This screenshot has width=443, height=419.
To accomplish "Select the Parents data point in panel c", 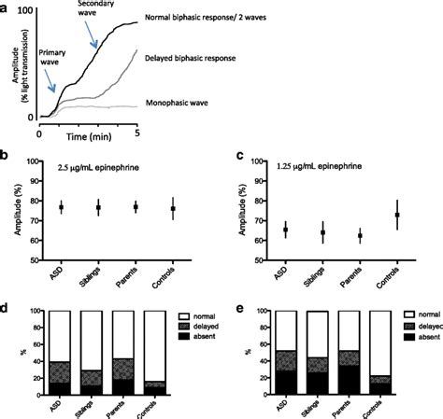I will tap(360, 236).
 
